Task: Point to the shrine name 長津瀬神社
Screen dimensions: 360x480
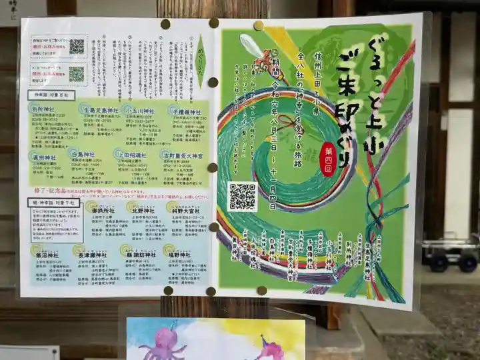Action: tap(95, 254)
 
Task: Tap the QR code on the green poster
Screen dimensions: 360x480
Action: tap(242, 197)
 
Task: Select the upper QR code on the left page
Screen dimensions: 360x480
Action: tap(77, 47)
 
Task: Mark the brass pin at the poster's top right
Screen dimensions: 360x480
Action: tap(258, 26)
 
